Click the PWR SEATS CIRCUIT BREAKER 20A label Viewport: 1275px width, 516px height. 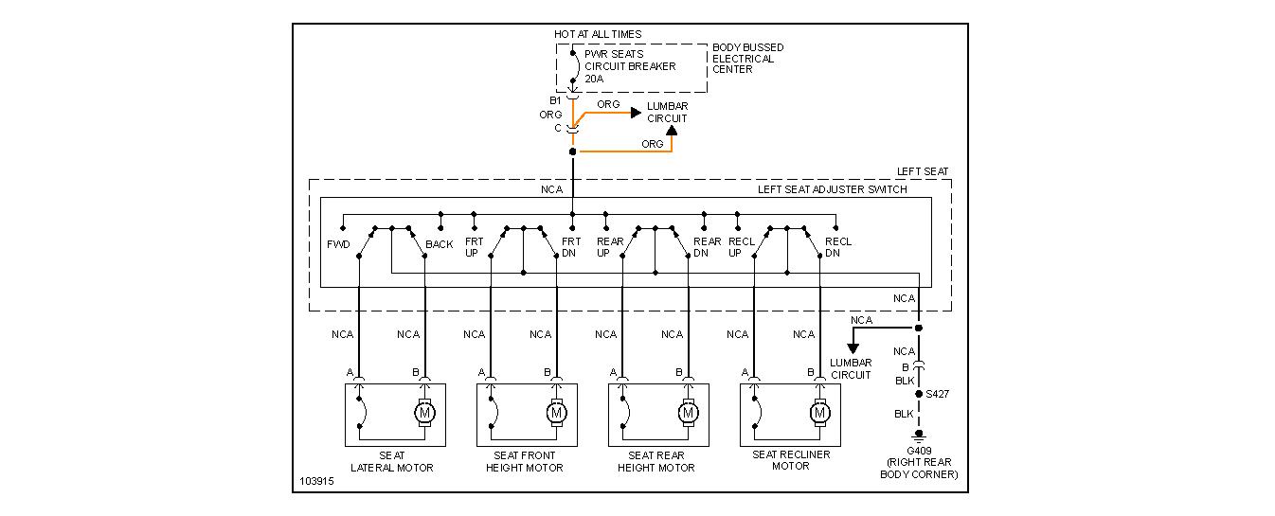[630, 66]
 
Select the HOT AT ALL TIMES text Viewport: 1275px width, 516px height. [598, 34]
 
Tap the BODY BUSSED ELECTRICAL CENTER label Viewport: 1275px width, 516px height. [747, 59]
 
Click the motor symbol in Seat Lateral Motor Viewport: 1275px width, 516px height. [424, 414]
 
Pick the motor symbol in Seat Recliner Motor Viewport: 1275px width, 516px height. [819, 414]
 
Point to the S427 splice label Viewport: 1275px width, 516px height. [938, 392]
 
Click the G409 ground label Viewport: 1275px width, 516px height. [918, 450]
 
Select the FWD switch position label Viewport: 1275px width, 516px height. [338, 244]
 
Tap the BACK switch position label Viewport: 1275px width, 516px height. [440, 244]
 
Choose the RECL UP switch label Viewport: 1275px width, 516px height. [742, 247]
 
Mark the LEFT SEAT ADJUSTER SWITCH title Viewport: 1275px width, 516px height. [832, 189]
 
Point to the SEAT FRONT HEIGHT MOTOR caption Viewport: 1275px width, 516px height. [525, 461]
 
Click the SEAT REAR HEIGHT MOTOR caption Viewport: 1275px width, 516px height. [656, 461]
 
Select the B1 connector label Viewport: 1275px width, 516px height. [556, 99]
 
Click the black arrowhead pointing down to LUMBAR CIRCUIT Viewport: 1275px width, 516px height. [853, 347]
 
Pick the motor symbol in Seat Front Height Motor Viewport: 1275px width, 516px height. [556, 414]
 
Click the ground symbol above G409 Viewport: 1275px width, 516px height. [918, 436]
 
